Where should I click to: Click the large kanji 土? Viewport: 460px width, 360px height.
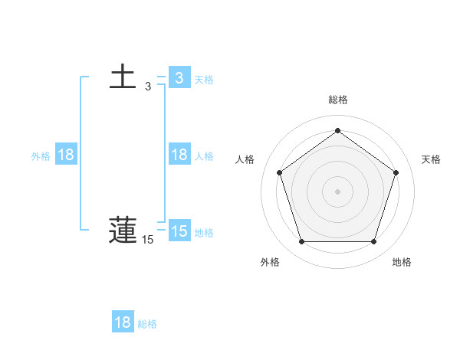coord(123,77)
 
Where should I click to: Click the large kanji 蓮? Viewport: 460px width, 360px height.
coord(123,231)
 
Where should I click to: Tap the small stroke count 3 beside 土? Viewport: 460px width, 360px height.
coord(148,87)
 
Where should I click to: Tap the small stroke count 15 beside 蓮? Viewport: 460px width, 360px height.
coord(148,241)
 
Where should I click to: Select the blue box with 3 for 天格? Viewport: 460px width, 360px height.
coord(179,78)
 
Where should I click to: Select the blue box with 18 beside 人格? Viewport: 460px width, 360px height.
coord(179,155)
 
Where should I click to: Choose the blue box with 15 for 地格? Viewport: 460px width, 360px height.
coord(179,231)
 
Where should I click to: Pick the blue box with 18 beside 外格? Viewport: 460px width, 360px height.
coord(66,155)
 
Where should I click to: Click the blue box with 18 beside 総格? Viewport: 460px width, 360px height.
coord(123,322)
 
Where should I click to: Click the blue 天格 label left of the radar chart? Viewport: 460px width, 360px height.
coord(204,79)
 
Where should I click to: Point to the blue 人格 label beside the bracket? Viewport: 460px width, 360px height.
coord(204,155)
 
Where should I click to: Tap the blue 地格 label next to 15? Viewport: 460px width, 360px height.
coord(204,232)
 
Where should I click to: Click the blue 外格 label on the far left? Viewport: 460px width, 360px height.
coord(41,155)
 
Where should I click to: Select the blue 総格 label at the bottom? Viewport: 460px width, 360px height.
coord(147,323)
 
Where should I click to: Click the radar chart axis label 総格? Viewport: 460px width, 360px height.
coord(338,100)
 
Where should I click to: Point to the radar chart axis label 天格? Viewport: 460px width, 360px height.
coord(431,159)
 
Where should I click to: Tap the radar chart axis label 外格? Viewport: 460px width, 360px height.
coord(270,262)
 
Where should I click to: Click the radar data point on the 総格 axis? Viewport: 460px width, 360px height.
coord(337,131)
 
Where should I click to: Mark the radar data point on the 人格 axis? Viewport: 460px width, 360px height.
coord(279,172)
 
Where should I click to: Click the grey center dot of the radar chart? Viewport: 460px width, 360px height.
coord(337,191)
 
